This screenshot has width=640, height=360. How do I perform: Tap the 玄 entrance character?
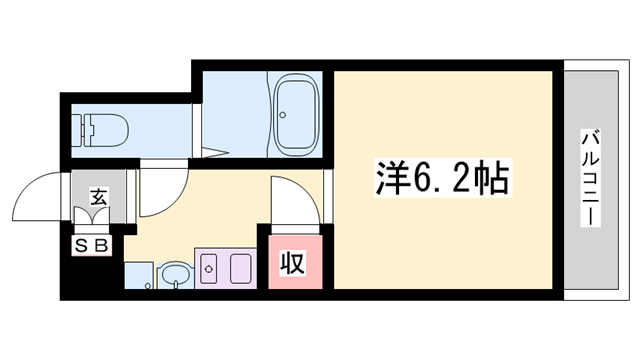pyautogui.click(x=99, y=196)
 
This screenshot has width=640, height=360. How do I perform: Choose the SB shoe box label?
pyautogui.click(x=91, y=243)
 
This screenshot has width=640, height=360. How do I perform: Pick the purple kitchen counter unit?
pyautogui.click(x=225, y=267)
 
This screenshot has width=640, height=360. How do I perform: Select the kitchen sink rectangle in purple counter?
pyautogui.click(x=240, y=268)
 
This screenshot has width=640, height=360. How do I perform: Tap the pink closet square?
pyautogui.click(x=292, y=262)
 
